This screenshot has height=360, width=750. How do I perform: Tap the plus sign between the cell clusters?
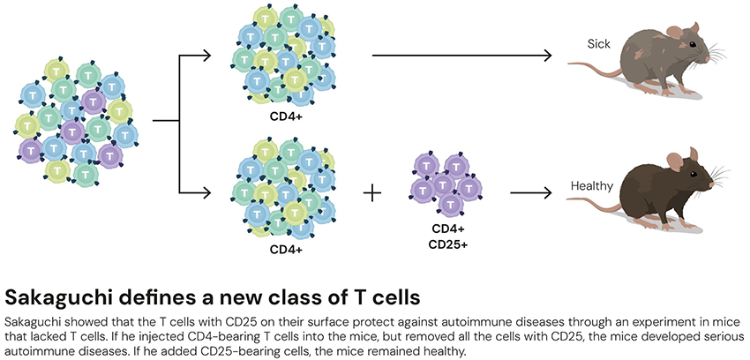click(x=374, y=191)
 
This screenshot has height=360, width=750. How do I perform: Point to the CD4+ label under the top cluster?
click(x=286, y=115)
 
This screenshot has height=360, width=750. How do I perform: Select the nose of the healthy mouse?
click(x=713, y=183)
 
